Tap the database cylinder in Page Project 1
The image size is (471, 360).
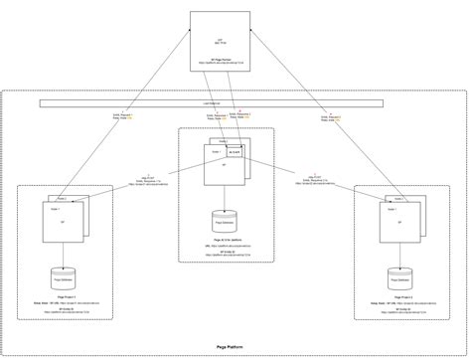[x=62, y=277]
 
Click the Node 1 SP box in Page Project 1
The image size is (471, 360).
[x=63, y=228]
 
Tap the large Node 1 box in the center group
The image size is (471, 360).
[x=221, y=169]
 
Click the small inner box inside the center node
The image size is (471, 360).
[x=235, y=152]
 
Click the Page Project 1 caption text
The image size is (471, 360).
[x=62, y=299]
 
